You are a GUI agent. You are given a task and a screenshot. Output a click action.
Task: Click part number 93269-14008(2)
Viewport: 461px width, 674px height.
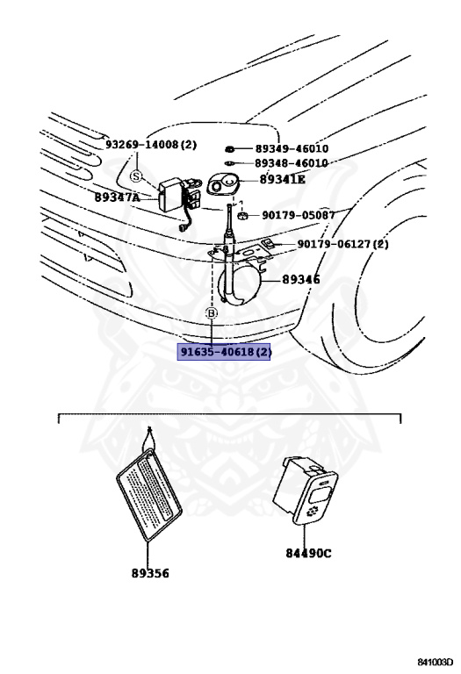(151, 144)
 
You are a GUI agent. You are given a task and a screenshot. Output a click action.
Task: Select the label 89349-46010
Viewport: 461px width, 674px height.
(292, 149)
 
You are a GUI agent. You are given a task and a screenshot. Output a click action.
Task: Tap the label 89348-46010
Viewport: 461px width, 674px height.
(292, 163)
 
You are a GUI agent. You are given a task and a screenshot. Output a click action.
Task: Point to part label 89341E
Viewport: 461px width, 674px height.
(283, 180)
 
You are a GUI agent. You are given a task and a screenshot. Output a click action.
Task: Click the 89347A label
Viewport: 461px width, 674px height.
(118, 198)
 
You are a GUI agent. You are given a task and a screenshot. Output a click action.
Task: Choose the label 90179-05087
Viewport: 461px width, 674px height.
(298, 215)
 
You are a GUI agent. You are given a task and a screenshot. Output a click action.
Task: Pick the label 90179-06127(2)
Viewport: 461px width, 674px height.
(342, 244)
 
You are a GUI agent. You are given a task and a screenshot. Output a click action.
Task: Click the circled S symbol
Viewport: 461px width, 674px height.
(136, 176)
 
